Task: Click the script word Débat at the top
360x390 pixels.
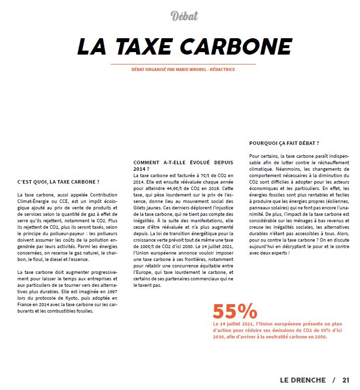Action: [x=184, y=16]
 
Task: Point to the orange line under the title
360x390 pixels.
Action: [x=183, y=64]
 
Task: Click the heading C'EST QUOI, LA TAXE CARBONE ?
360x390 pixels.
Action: [x=59, y=182]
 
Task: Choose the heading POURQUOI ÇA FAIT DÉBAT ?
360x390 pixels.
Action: [x=284, y=143]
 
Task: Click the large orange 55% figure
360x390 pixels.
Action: [x=235, y=312]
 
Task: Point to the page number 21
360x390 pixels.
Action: [x=346, y=380]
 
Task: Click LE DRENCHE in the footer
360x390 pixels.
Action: [x=303, y=380]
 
